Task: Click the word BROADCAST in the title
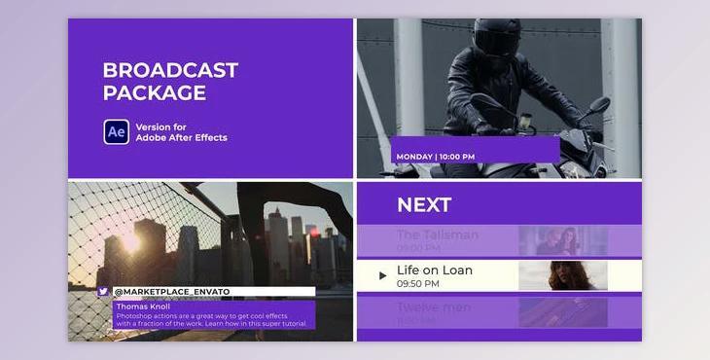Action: pyautogui.click(x=170, y=71)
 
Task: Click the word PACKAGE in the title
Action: pyautogui.click(x=155, y=93)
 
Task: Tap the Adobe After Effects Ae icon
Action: pyautogui.click(x=117, y=131)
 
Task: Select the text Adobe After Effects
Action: pyautogui.click(x=181, y=138)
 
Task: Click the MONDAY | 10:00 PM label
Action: pyautogui.click(x=436, y=157)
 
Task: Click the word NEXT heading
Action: pyautogui.click(x=424, y=205)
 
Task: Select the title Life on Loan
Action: pyautogui.click(x=435, y=270)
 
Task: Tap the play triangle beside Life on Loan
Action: pyautogui.click(x=382, y=275)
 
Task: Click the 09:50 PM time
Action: pyautogui.click(x=418, y=284)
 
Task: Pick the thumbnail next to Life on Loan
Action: pyautogui.click(x=563, y=275)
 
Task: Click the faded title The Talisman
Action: pyautogui.click(x=438, y=234)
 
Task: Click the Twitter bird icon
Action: pyautogui.click(x=103, y=291)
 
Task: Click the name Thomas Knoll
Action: pyautogui.click(x=143, y=306)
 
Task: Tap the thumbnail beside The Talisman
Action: pyautogui.click(x=563, y=240)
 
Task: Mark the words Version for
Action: pyautogui.click(x=161, y=126)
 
